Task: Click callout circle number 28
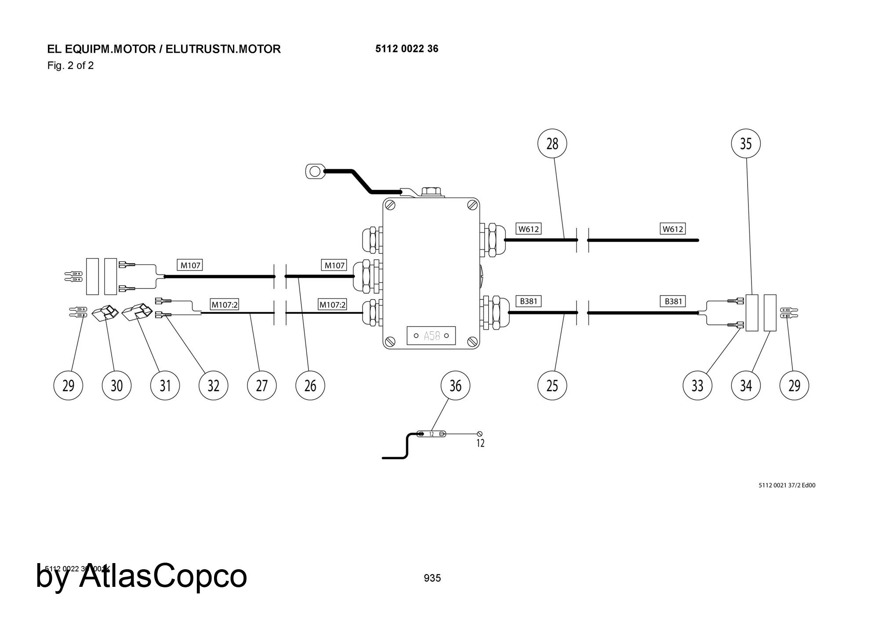pos(552,143)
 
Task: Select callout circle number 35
pos(746,143)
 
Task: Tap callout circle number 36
pos(455,386)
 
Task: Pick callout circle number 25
pos(552,386)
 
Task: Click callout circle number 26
pos(310,386)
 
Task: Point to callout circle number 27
pos(262,386)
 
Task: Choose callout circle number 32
pos(214,386)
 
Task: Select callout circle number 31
pos(165,386)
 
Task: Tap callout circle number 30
pos(116,386)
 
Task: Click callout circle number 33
pos(697,386)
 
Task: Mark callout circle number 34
pos(746,386)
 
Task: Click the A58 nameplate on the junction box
pos(431,336)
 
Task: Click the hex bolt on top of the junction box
pos(432,192)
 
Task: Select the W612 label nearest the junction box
pos(528,229)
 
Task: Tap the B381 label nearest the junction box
pos(528,301)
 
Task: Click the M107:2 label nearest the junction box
pos(332,304)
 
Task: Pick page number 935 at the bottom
pos(432,578)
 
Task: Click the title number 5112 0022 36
pos(407,49)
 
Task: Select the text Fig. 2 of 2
pos(70,66)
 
